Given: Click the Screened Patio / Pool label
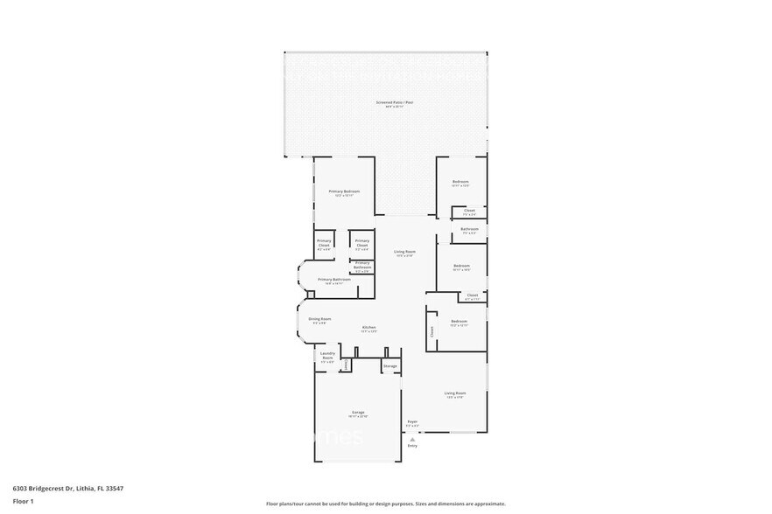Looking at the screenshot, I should [394, 102].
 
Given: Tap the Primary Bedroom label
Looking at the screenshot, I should [344, 191].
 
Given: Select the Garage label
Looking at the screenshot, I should [358, 412].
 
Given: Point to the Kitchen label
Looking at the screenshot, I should [368, 328].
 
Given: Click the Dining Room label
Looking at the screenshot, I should [319, 319].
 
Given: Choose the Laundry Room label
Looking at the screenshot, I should [327, 357].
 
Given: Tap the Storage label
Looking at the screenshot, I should [390, 365].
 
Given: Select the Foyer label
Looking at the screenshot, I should [412, 422].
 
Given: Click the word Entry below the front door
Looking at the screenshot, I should [412, 446].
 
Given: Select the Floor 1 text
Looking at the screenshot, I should [23, 501].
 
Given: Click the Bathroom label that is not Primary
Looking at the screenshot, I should [469, 229].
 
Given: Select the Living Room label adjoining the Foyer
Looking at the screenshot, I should [455, 393].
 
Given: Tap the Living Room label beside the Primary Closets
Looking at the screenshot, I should [404, 252].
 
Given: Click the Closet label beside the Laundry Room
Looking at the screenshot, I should [346, 363].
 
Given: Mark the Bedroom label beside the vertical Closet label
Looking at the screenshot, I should [460, 322].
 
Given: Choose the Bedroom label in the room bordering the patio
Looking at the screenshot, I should [460, 182].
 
